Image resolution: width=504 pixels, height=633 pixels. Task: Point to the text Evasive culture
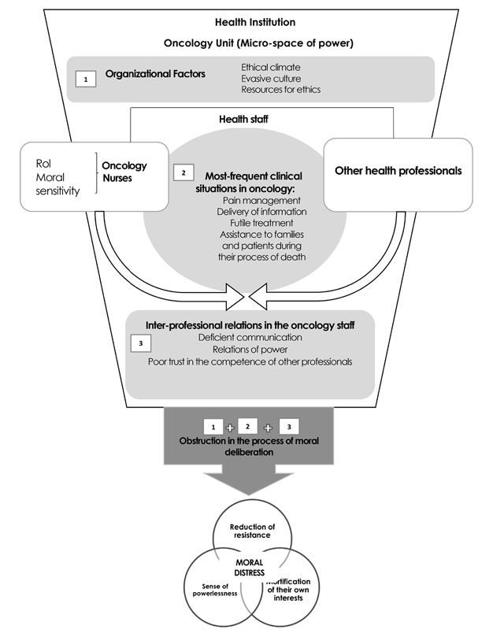[x=272, y=78]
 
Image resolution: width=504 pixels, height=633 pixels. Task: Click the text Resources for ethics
[x=280, y=90]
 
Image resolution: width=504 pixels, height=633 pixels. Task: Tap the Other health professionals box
[x=398, y=170]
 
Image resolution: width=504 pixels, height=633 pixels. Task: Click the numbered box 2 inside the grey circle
[x=183, y=171]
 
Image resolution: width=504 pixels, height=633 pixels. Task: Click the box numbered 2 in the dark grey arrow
[x=249, y=426]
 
